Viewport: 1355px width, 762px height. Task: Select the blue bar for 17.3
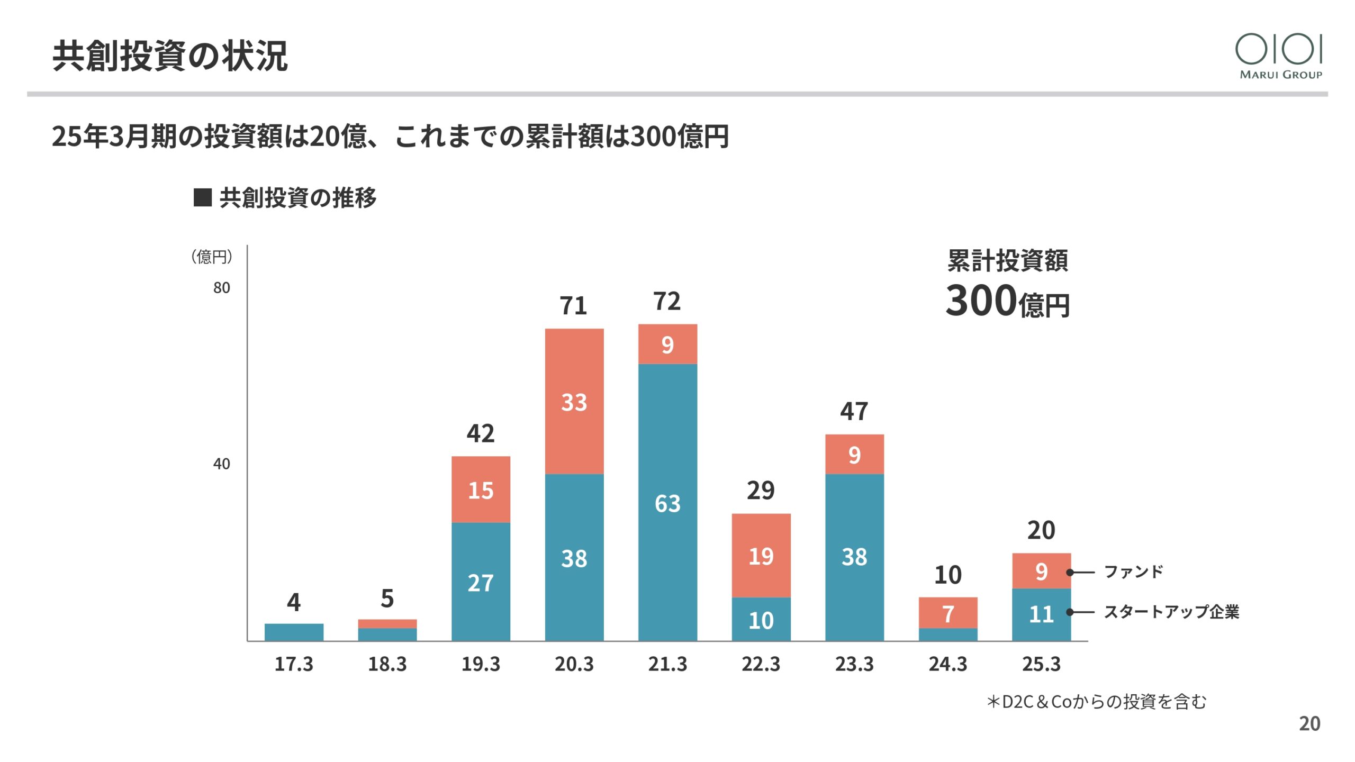(x=294, y=632)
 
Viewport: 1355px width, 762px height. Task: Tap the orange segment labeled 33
(x=574, y=401)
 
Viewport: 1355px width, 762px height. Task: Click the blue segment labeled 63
(x=667, y=503)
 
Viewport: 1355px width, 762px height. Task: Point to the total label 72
(x=667, y=302)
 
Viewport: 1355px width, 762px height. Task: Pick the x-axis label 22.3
(x=761, y=664)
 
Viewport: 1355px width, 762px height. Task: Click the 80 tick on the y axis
(x=222, y=288)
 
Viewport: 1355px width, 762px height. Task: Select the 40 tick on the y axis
(x=222, y=464)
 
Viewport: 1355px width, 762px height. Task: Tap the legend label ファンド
(x=1133, y=571)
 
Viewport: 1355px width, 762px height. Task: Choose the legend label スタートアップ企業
(x=1171, y=612)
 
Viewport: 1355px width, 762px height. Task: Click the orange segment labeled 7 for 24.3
(x=948, y=613)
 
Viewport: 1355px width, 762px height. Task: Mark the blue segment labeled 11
(x=1041, y=614)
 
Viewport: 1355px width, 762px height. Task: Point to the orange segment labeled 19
(x=761, y=556)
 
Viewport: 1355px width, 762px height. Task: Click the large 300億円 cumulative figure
(x=1007, y=301)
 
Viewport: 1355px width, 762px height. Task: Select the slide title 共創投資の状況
(x=170, y=56)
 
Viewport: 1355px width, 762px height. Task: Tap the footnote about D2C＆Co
(x=1096, y=702)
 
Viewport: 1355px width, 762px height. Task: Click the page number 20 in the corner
(x=1309, y=723)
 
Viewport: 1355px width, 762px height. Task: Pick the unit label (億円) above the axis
(x=212, y=257)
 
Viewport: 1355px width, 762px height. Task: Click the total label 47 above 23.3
(x=854, y=411)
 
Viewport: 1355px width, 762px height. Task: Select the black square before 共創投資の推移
(x=203, y=197)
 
